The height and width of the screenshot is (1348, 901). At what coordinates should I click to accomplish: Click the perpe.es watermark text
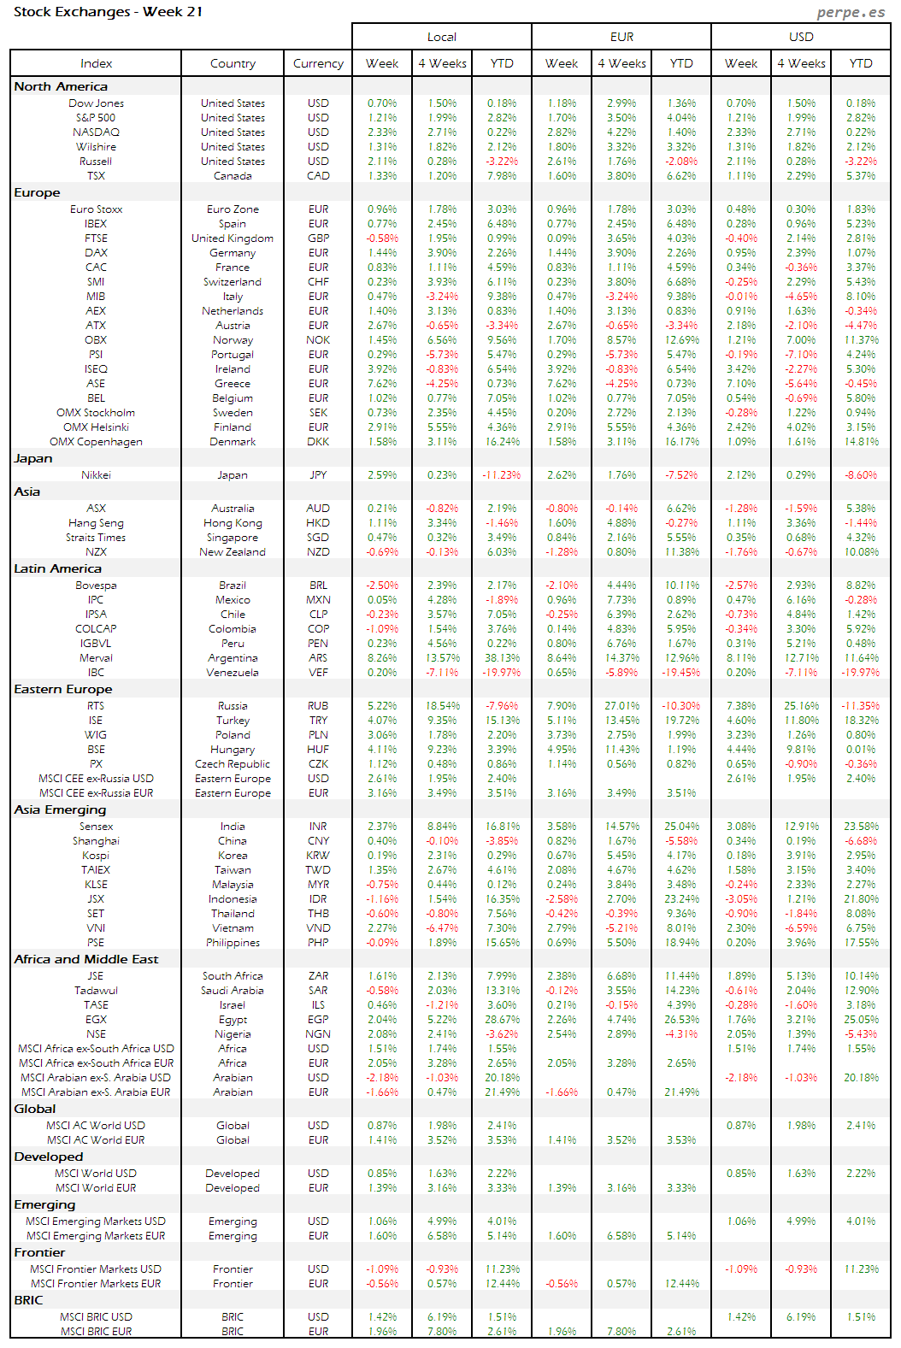(851, 12)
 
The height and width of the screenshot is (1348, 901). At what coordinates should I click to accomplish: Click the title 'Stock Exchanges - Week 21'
(108, 12)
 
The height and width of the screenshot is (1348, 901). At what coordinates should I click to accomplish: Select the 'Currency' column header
(318, 63)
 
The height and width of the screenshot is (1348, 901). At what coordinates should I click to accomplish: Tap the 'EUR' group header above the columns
(621, 37)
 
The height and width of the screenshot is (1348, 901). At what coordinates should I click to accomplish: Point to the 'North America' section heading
(61, 86)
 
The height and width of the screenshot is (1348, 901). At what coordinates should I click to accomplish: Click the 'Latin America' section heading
(57, 568)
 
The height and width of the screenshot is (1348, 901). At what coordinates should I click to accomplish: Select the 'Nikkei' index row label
(96, 475)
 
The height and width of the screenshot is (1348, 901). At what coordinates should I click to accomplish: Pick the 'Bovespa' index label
(96, 586)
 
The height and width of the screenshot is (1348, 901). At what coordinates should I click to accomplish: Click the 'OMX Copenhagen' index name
(96, 442)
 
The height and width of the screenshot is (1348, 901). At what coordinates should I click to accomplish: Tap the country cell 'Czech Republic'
(233, 764)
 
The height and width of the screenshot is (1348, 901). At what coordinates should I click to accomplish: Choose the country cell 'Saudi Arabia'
(233, 991)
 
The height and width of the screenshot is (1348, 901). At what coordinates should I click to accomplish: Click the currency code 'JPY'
(318, 475)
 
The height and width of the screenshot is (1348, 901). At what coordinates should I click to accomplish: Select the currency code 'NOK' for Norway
(318, 340)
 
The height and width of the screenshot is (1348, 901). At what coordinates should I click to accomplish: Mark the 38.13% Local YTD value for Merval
(502, 658)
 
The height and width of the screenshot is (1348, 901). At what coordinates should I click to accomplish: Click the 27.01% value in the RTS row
(621, 706)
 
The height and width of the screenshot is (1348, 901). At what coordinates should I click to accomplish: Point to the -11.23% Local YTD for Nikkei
(502, 475)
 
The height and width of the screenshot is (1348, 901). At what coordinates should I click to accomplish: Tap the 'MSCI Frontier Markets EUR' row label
(96, 1284)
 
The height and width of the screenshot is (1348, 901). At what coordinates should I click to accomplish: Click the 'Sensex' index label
(96, 827)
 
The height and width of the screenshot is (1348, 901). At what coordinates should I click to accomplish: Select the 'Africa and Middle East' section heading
(86, 959)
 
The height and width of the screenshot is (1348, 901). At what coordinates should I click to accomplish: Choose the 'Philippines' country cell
(233, 943)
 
